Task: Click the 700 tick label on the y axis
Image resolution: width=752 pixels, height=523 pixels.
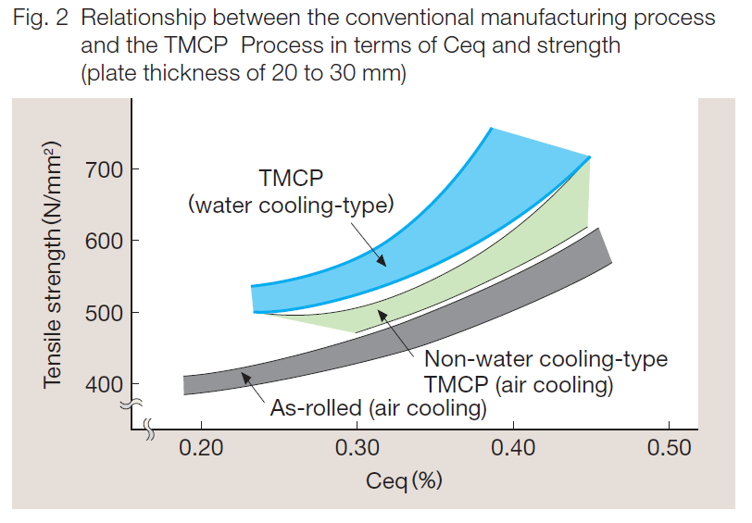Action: [x=103, y=169]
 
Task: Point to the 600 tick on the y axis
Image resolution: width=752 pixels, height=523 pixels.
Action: [x=103, y=241]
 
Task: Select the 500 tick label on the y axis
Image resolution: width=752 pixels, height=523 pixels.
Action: [x=103, y=313]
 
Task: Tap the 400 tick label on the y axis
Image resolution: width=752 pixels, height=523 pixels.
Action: [x=103, y=384]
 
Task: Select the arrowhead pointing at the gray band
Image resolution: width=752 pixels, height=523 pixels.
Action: [x=244, y=374]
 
